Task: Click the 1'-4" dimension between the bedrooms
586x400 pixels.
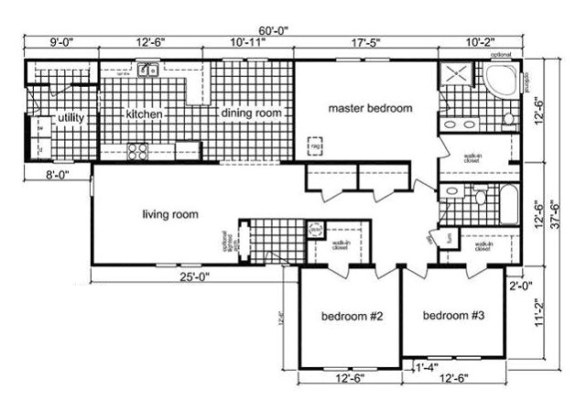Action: point(423,369)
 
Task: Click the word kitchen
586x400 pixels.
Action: point(145,114)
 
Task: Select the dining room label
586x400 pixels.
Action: point(250,113)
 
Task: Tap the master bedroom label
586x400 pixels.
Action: point(370,108)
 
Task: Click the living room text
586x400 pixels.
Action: point(170,215)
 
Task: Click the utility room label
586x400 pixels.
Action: point(71,118)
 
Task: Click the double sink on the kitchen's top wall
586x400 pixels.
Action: point(148,70)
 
